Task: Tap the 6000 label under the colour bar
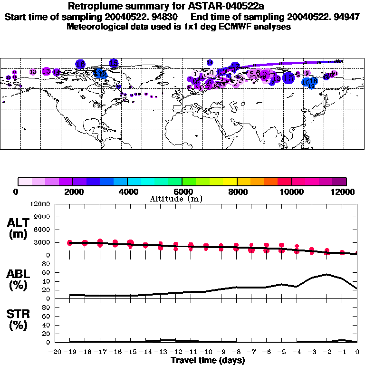182,192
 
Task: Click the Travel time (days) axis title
208,361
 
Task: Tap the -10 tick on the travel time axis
206,352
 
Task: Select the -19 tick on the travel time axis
69,352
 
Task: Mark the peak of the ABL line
327,274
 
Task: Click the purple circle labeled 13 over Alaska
46,71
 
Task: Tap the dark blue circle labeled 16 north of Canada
80,64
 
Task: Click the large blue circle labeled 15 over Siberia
288,77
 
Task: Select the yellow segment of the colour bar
230,182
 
